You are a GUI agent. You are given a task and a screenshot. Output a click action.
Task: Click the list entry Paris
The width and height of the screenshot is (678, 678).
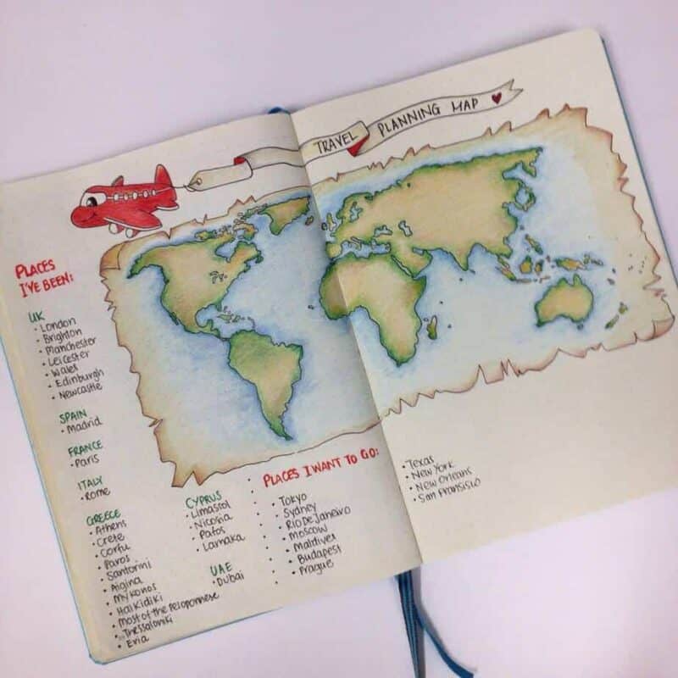coord(87,463)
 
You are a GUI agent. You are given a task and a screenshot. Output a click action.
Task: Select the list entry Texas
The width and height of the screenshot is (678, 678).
coord(421,463)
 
